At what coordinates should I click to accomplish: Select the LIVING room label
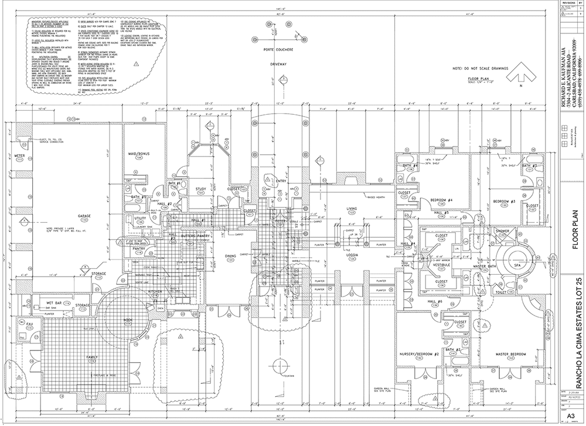351,208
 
